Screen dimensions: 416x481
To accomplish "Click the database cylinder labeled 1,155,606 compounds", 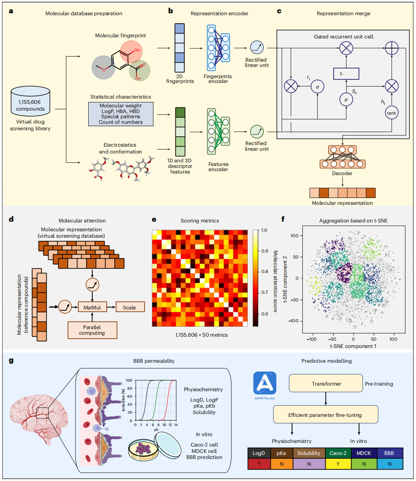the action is tap(30, 101).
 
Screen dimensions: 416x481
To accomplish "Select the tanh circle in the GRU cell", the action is tap(391, 113).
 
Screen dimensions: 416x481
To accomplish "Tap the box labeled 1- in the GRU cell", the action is tap(346, 74).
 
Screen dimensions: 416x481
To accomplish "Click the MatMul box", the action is tap(92, 307).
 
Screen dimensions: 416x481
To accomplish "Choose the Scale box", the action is tap(130, 307).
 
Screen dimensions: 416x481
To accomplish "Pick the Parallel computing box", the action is tap(92, 330).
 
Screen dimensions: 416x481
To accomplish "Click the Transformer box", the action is tap(326, 383).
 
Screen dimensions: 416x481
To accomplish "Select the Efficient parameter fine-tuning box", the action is tap(326, 414).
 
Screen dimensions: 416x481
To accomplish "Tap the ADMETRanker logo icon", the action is tap(265, 383).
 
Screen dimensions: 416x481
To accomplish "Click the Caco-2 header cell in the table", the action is tap(338, 453).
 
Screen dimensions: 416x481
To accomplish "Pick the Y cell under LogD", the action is tap(259, 464).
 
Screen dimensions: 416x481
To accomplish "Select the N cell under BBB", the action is tap(390, 464).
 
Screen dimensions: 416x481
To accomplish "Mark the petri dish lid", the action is tap(168, 445).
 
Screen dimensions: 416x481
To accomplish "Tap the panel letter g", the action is tap(11, 361).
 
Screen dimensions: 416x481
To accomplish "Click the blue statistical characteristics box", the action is tap(121, 114).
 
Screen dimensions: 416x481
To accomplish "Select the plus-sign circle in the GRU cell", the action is tap(392, 48).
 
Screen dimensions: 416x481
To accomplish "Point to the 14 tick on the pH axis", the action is tap(176, 425).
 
